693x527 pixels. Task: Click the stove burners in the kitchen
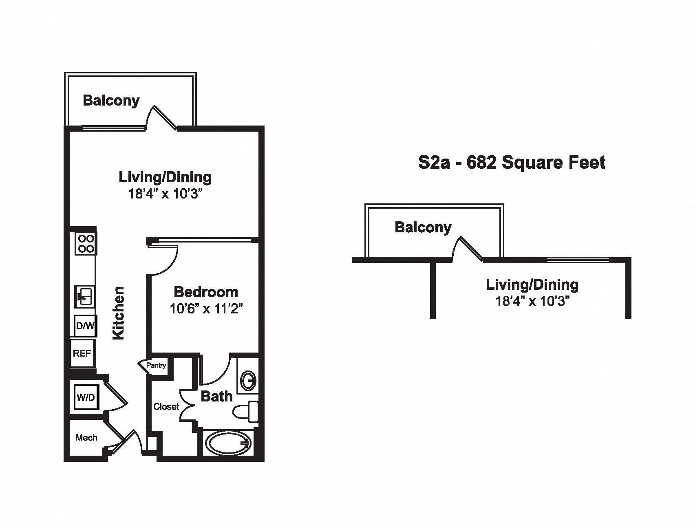click(86, 244)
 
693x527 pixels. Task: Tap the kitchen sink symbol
click(85, 296)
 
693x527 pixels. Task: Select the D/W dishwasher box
click(85, 326)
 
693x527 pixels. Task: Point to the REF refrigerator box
click(82, 353)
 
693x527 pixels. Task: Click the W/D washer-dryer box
click(86, 397)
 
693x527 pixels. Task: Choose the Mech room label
click(86, 438)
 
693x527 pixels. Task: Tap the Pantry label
click(156, 365)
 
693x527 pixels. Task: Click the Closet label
click(166, 406)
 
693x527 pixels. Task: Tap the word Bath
click(216, 396)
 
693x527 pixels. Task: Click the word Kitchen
click(118, 313)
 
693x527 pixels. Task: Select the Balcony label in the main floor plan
click(111, 101)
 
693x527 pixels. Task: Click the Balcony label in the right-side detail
click(423, 227)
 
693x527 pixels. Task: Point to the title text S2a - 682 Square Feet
click(512, 163)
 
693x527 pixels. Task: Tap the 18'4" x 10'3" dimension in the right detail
click(532, 302)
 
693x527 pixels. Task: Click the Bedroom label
click(206, 292)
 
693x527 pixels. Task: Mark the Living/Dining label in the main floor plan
click(165, 178)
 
